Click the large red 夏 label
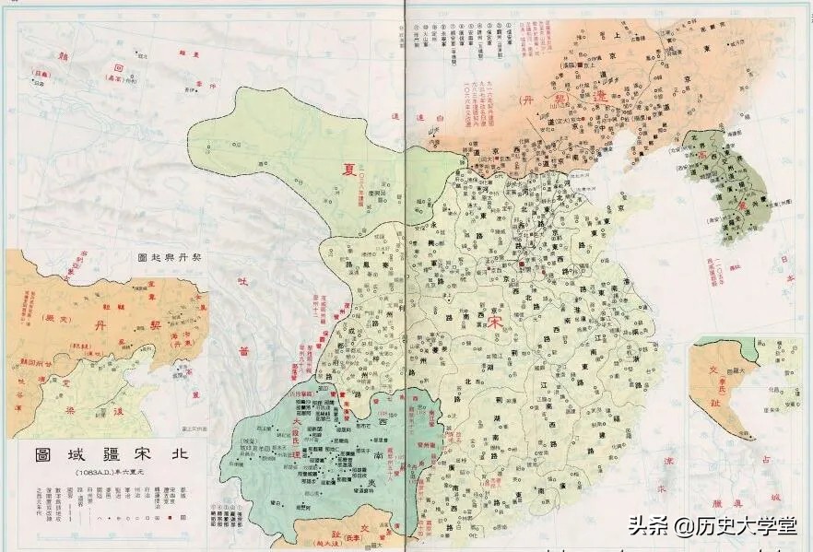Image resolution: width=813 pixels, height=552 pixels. click(349, 169)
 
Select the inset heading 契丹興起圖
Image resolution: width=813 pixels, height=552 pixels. click(171, 257)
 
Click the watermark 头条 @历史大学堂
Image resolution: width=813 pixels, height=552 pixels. click(713, 527)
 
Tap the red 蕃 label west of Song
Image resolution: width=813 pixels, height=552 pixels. click(243, 351)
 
